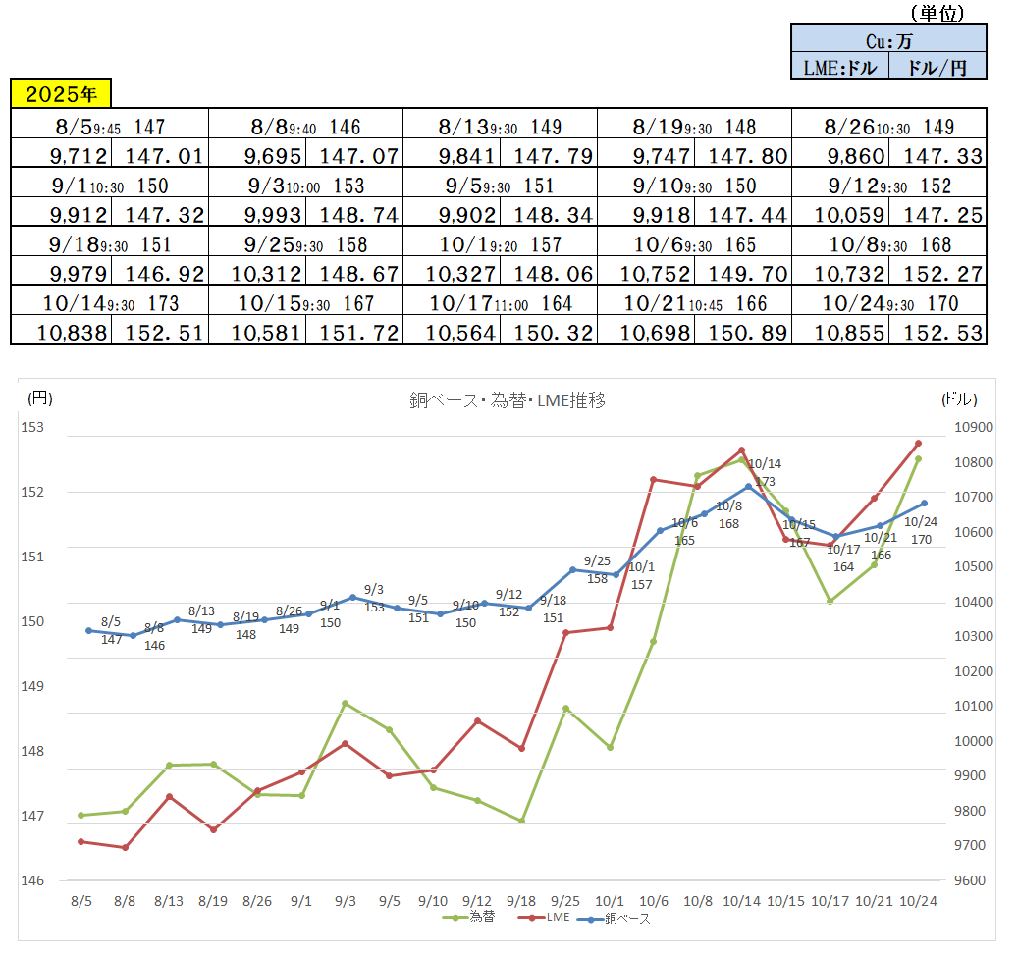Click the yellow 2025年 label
[x=61, y=94]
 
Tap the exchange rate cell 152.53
[x=937, y=333]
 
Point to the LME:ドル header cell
[x=839, y=67]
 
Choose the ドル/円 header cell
[x=937, y=67]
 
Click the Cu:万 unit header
[x=887, y=40]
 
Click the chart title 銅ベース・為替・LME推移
[x=507, y=399]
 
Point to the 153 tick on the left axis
[x=36, y=427]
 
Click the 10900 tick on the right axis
[x=975, y=427]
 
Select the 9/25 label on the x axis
[x=566, y=901]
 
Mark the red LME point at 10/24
[x=918, y=444]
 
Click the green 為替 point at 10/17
[x=830, y=601]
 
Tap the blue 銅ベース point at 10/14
[x=748, y=486]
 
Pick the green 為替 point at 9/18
[x=521, y=821]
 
